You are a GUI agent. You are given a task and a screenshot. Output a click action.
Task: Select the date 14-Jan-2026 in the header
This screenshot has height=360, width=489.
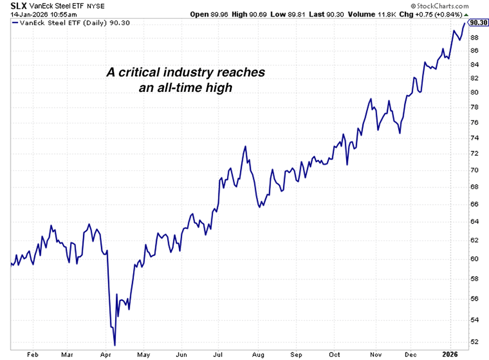24,14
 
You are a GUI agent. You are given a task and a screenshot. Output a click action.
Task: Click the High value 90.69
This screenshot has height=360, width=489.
264,14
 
